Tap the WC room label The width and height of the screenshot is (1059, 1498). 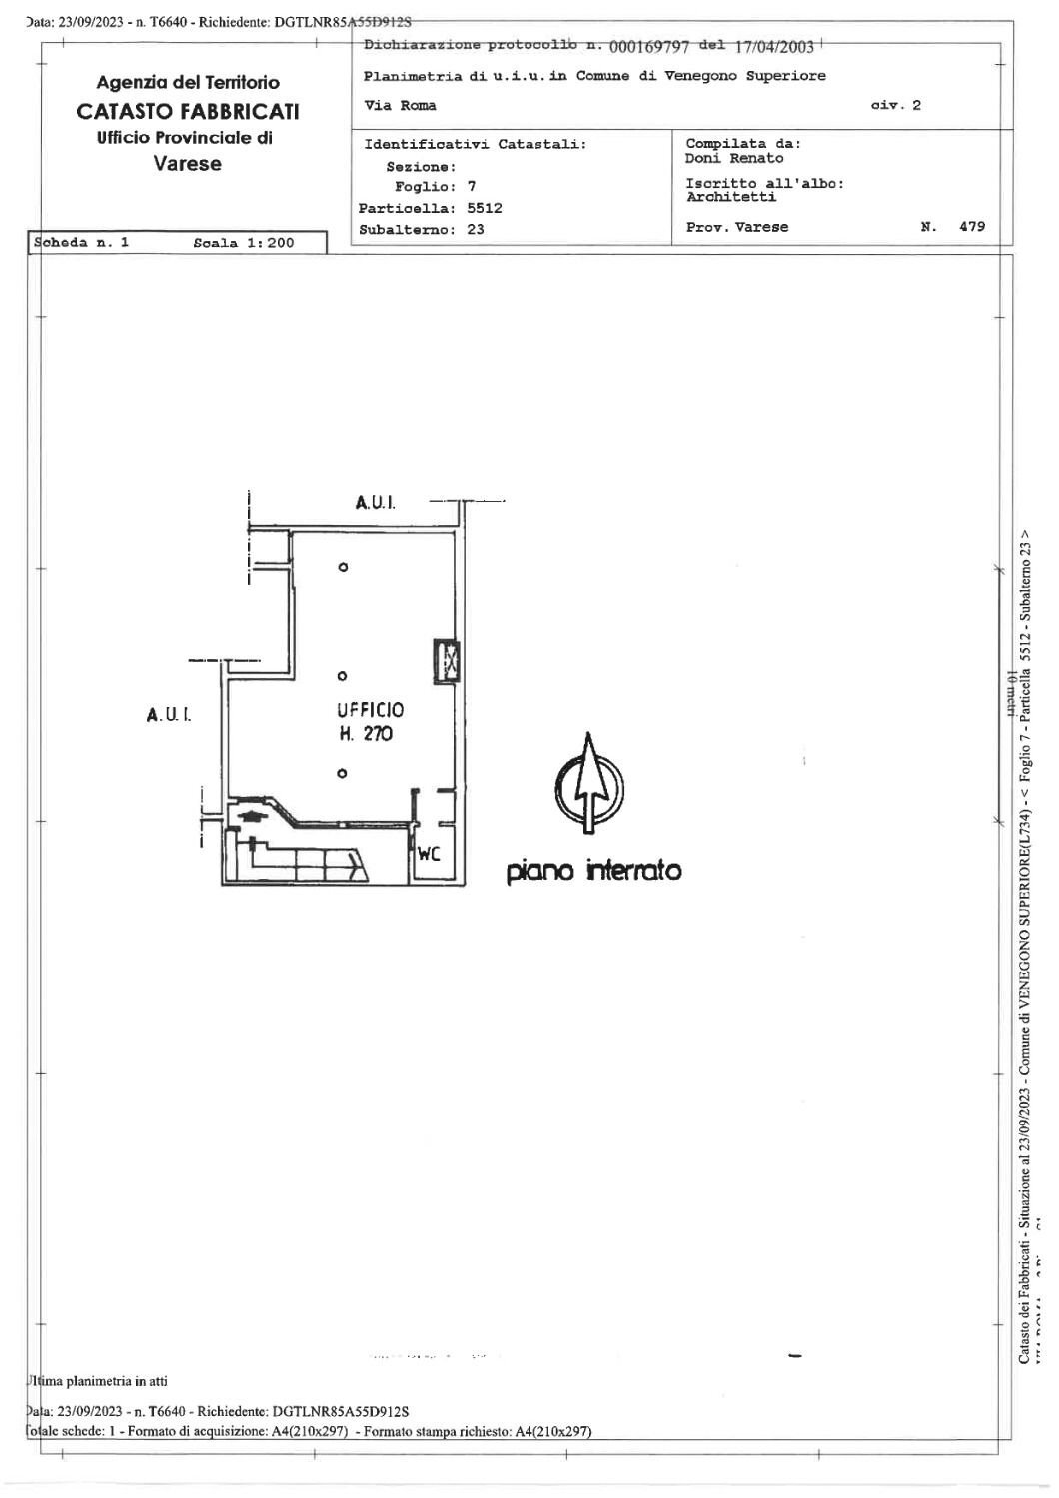click(429, 854)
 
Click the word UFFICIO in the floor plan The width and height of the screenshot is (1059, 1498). click(371, 710)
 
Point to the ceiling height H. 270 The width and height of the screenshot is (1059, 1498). click(366, 734)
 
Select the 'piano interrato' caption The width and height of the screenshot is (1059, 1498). click(594, 871)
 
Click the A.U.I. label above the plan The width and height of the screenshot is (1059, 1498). click(375, 503)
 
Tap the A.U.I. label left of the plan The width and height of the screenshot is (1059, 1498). click(168, 715)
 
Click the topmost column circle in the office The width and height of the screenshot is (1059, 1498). click(343, 567)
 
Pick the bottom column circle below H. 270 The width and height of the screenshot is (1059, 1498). click(343, 773)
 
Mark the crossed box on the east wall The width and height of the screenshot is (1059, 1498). click(446, 660)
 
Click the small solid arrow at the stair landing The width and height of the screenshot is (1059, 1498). click(250, 815)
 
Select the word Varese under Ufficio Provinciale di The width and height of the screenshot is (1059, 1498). click(188, 163)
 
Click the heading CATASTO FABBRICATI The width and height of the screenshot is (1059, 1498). click(187, 111)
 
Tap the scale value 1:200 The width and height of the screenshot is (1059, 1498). click(265, 243)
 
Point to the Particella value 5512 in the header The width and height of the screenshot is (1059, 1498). click(485, 208)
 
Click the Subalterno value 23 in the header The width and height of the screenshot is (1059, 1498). click(476, 229)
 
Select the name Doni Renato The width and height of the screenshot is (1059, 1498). click(734, 158)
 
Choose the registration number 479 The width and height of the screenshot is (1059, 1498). click(971, 227)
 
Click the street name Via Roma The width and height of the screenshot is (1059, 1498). click(401, 105)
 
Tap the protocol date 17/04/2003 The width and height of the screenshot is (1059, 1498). click(774, 46)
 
